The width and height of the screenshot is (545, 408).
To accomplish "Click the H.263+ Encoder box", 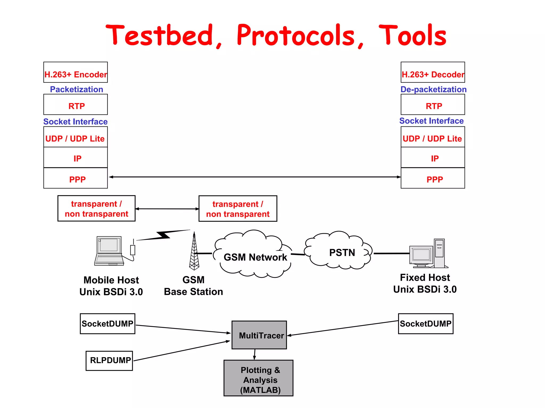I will (76, 73).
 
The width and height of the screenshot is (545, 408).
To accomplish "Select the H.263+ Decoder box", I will (433, 73).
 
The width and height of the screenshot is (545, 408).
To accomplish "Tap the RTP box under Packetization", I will (76, 105).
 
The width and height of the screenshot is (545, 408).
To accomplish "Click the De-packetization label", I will (433, 90).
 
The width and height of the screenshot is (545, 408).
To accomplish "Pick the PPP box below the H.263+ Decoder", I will (433, 178).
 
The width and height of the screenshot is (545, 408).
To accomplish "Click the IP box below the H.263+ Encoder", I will (76, 158).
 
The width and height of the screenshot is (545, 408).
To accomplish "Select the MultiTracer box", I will (259, 335).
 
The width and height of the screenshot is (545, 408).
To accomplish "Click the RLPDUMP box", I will (109, 360).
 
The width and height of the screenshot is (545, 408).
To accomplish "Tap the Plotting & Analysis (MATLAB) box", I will (258, 378).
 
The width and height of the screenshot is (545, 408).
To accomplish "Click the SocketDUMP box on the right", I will (426, 324).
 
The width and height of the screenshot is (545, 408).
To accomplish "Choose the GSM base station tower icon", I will (194, 252).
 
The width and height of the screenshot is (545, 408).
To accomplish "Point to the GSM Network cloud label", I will (255, 257).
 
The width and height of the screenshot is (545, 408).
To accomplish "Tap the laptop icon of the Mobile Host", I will (109, 251).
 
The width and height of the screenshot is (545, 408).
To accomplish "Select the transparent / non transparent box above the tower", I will (238, 209).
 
